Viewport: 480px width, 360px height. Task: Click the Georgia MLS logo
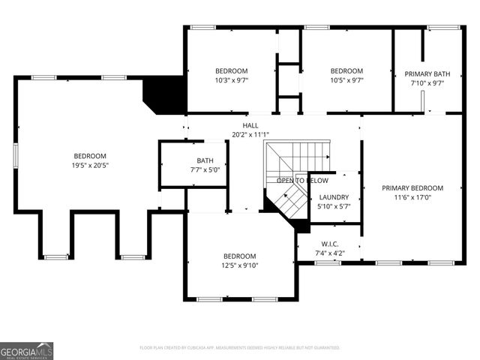(27, 350)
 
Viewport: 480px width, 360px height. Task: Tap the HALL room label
(250, 125)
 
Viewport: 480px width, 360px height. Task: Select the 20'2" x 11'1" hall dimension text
(250, 135)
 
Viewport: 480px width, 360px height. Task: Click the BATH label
(205, 160)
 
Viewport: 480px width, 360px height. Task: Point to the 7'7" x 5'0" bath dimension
(205, 170)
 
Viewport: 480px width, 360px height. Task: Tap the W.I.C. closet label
(330, 244)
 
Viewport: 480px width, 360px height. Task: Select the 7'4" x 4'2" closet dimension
(330, 253)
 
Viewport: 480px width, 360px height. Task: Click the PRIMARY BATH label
(427, 74)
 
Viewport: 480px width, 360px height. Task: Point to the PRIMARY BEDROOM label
(412, 188)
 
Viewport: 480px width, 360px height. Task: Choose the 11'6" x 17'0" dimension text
(412, 198)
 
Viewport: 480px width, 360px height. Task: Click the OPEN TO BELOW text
(302, 181)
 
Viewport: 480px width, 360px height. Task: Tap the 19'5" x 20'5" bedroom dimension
(90, 165)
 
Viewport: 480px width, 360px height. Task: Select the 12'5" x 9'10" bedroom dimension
(240, 266)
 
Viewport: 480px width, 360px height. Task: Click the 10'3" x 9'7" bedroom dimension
(232, 81)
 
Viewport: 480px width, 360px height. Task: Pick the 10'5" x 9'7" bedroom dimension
(346, 81)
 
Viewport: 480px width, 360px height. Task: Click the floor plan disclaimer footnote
(240, 348)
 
